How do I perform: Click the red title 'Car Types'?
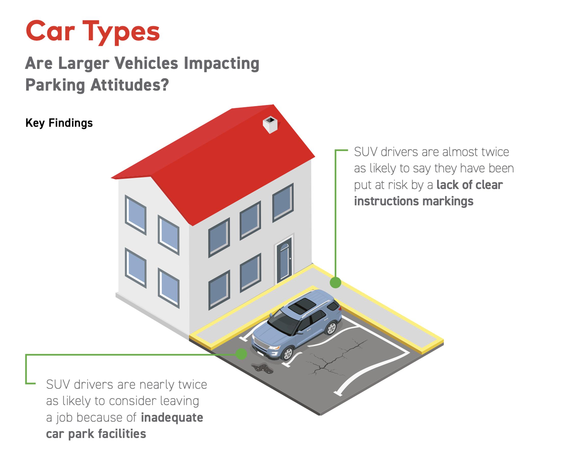pyautogui.click(x=93, y=32)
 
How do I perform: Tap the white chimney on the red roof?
pyautogui.click(x=270, y=125)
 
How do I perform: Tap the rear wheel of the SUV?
pyautogui.click(x=331, y=328)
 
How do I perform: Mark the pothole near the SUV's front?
pyautogui.click(x=262, y=369)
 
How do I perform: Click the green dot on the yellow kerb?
pyautogui.click(x=336, y=282)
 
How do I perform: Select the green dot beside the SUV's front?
pyautogui.click(x=241, y=354)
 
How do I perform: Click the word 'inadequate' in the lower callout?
pyautogui.click(x=172, y=417)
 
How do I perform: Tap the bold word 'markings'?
pyautogui.click(x=448, y=201)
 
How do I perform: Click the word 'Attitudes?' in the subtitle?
pyautogui.click(x=129, y=85)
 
